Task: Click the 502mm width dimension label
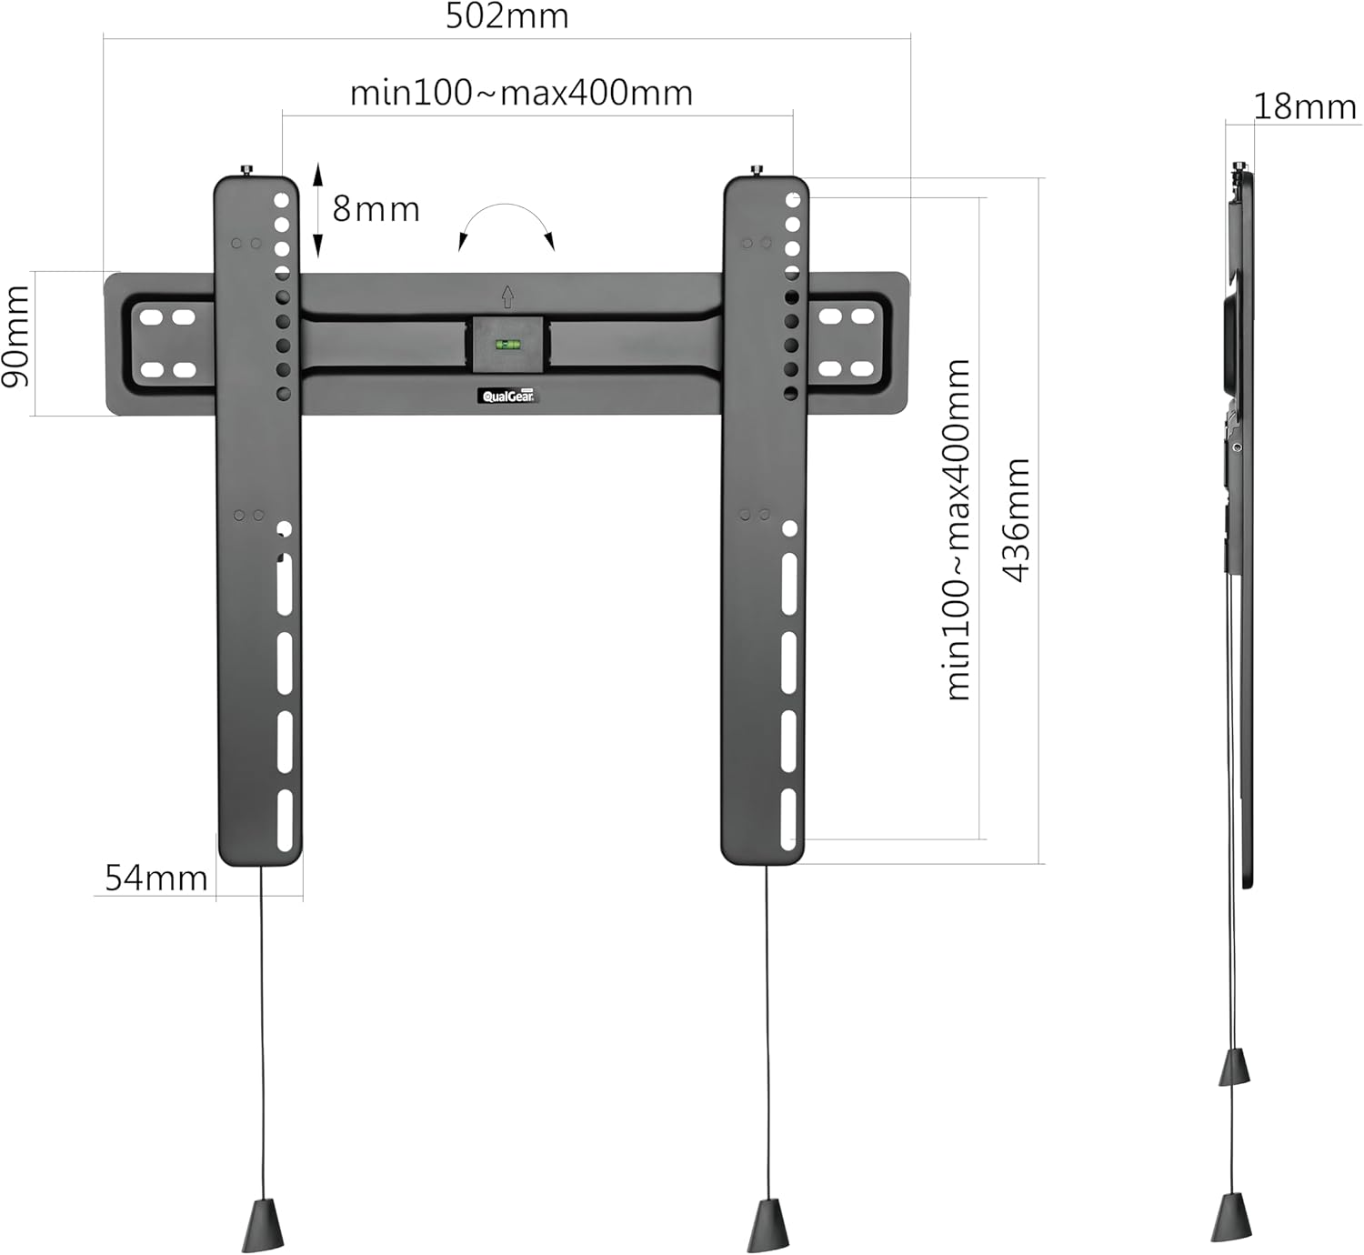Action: (x=506, y=16)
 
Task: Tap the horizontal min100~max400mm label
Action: (x=521, y=93)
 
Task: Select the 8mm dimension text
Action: (x=376, y=209)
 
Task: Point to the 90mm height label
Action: (x=15, y=336)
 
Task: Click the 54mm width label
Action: (x=155, y=878)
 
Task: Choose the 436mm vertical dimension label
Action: (x=1016, y=519)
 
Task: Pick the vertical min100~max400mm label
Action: (x=958, y=529)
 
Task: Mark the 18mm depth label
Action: (x=1305, y=106)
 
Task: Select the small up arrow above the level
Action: (x=507, y=296)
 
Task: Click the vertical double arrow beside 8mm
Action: (x=317, y=210)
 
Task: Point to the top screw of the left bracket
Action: (x=246, y=170)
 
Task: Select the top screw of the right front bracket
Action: (x=756, y=170)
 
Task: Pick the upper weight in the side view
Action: (x=1235, y=1067)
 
